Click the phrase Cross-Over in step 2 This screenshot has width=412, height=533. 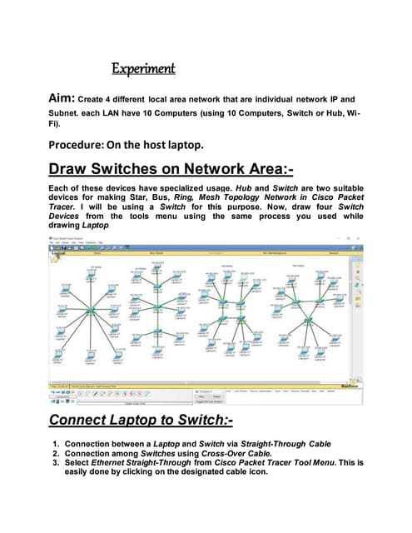pyautogui.click(x=256, y=456)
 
